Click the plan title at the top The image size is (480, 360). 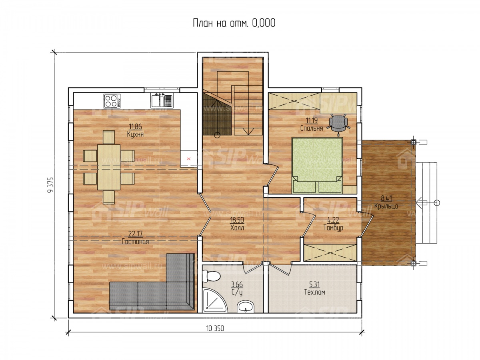[234, 23]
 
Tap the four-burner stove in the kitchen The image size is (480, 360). [112, 100]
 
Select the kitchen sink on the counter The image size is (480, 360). [162, 100]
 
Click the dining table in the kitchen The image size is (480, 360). [109, 167]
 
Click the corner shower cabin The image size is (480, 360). [214, 300]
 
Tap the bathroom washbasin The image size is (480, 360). [246, 306]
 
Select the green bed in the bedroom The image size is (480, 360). [317, 166]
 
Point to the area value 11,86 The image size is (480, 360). [135, 126]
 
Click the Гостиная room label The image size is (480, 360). [135, 242]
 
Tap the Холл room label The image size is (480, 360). [237, 228]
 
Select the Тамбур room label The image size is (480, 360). [333, 228]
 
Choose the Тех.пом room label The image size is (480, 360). [314, 292]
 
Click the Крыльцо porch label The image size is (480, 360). [386, 206]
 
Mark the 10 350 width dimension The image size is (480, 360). [215, 328]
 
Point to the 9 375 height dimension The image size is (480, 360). [50, 185]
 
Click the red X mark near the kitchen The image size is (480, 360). [189, 159]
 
